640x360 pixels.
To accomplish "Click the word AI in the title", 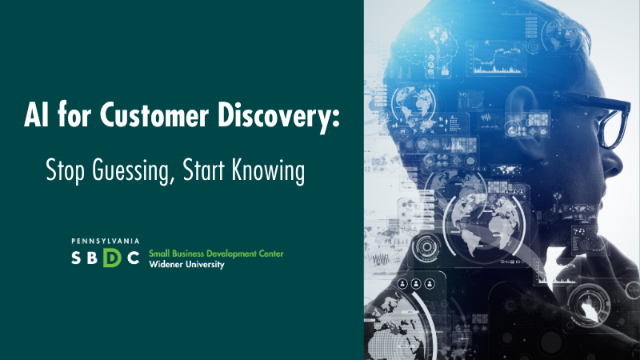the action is point(37,114).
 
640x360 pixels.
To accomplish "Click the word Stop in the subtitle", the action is point(65,171).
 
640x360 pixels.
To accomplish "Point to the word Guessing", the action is point(130,171).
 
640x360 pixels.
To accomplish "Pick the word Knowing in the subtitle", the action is point(268,171).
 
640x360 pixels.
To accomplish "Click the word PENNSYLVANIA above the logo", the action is point(106,242).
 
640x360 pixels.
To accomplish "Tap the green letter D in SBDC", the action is point(112,257).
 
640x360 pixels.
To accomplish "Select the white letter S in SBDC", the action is point(76,258).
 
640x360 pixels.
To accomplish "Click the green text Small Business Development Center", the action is point(216,254).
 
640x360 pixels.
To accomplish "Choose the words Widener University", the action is point(186,265).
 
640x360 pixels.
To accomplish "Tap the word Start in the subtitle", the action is point(204,170).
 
